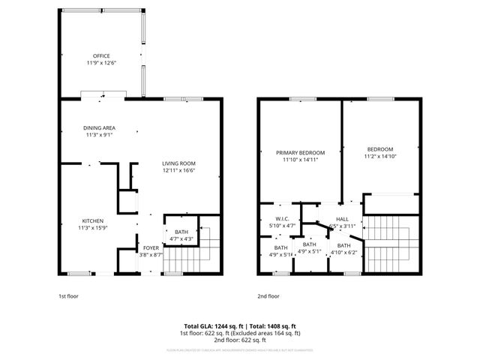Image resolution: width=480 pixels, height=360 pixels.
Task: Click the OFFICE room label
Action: pos(101,56)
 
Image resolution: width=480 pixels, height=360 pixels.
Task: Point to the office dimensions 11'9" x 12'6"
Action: pos(101,64)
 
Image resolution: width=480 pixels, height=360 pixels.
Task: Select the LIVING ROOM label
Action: pos(180,163)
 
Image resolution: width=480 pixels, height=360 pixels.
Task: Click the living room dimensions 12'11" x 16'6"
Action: pos(180,171)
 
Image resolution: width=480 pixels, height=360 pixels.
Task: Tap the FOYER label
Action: pos(151,247)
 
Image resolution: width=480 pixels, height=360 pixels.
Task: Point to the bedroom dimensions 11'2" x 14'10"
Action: pos(379,157)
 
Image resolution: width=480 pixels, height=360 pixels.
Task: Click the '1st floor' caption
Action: pos(69,296)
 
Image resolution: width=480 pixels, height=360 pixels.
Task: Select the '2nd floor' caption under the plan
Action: pos(268,296)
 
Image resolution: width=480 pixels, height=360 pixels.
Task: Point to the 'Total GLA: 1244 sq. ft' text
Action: pos(214,326)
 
